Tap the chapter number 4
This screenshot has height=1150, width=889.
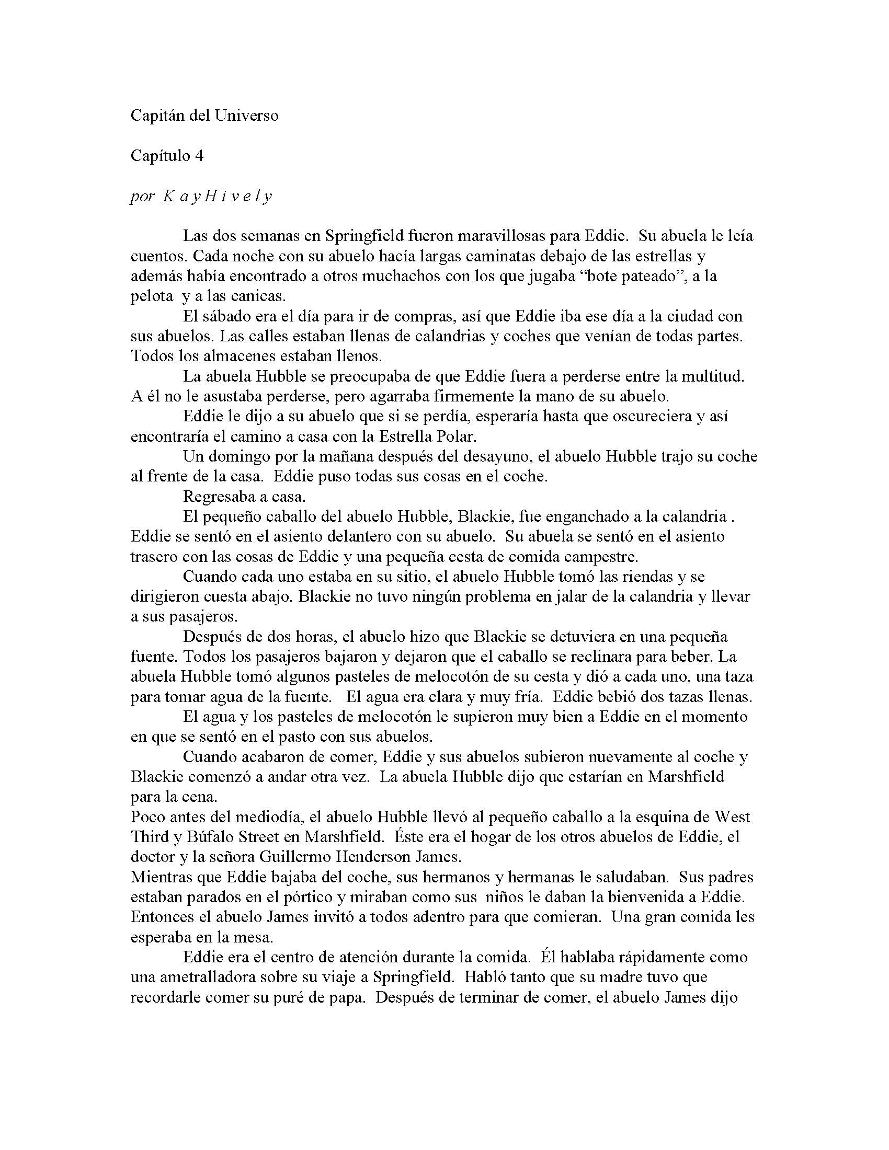tap(199, 156)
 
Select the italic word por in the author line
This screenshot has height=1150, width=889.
tap(142, 197)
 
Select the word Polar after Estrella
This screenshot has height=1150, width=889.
tap(458, 436)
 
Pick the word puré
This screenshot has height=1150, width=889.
tap(303, 997)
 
